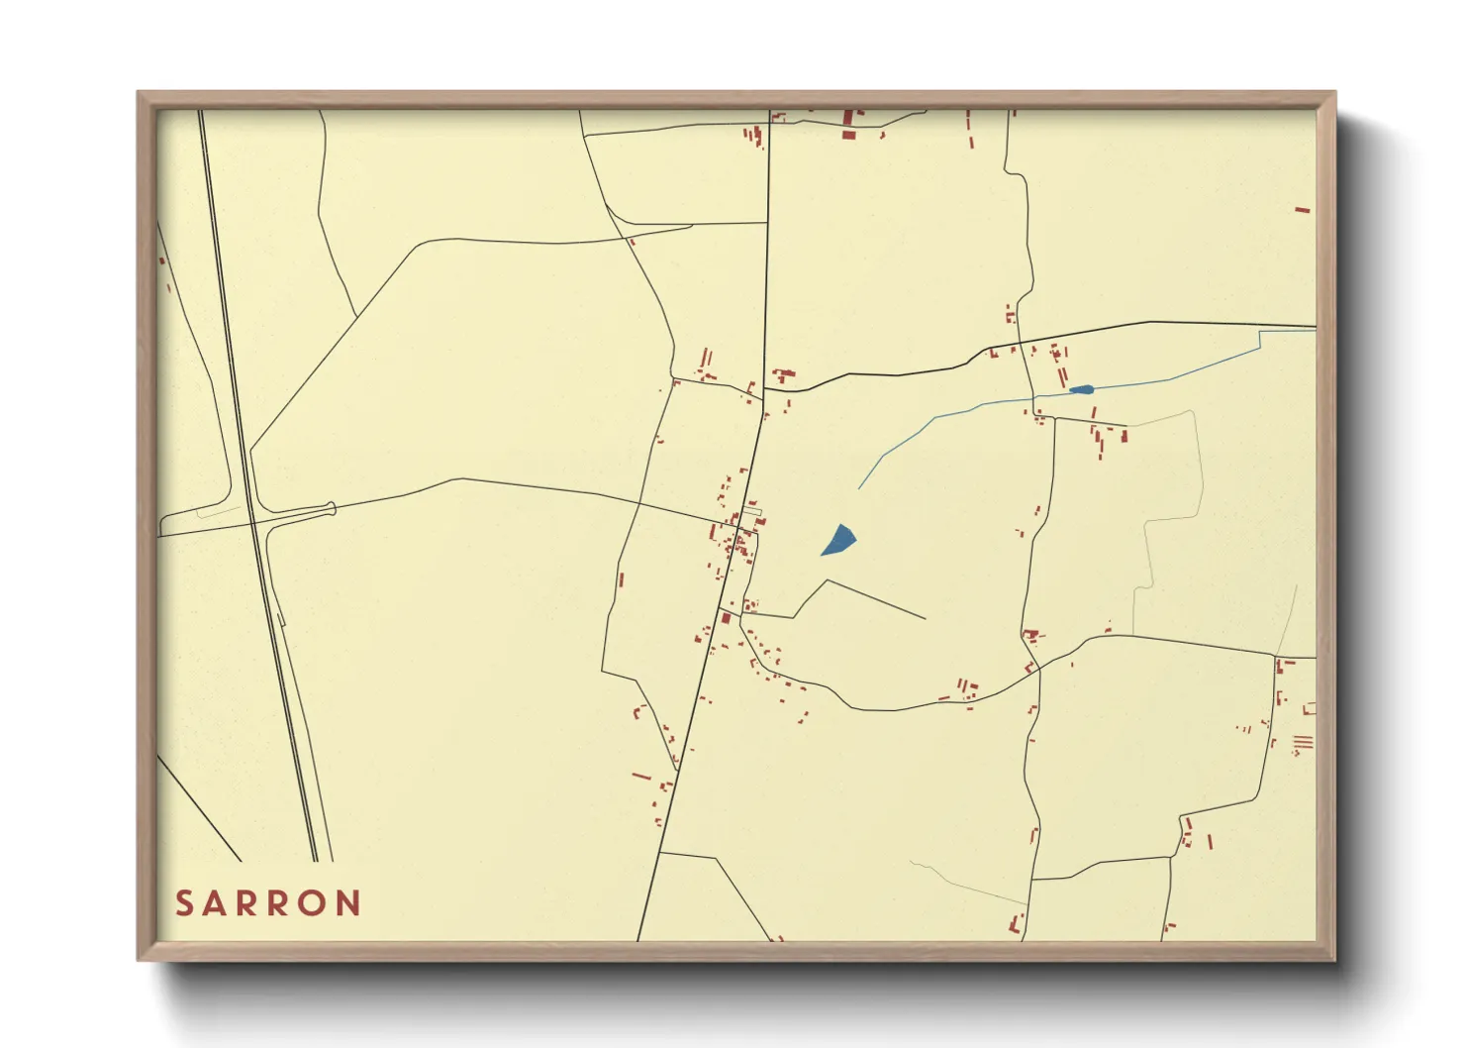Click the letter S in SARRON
pyautogui.click(x=184, y=903)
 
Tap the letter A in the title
pyautogui.click(x=216, y=903)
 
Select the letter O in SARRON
pyautogui.click(x=315, y=903)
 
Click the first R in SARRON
pyautogui.click(x=248, y=903)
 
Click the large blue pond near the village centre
pyautogui.click(x=839, y=541)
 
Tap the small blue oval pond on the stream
pyautogui.click(x=1082, y=389)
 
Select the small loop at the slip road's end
pyautogui.click(x=332, y=509)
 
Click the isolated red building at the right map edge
pyautogui.click(x=1302, y=210)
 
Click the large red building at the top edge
pyautogui.click(x=848, y=134)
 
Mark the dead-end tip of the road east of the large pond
pyautogui.click(x=925, y=619)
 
